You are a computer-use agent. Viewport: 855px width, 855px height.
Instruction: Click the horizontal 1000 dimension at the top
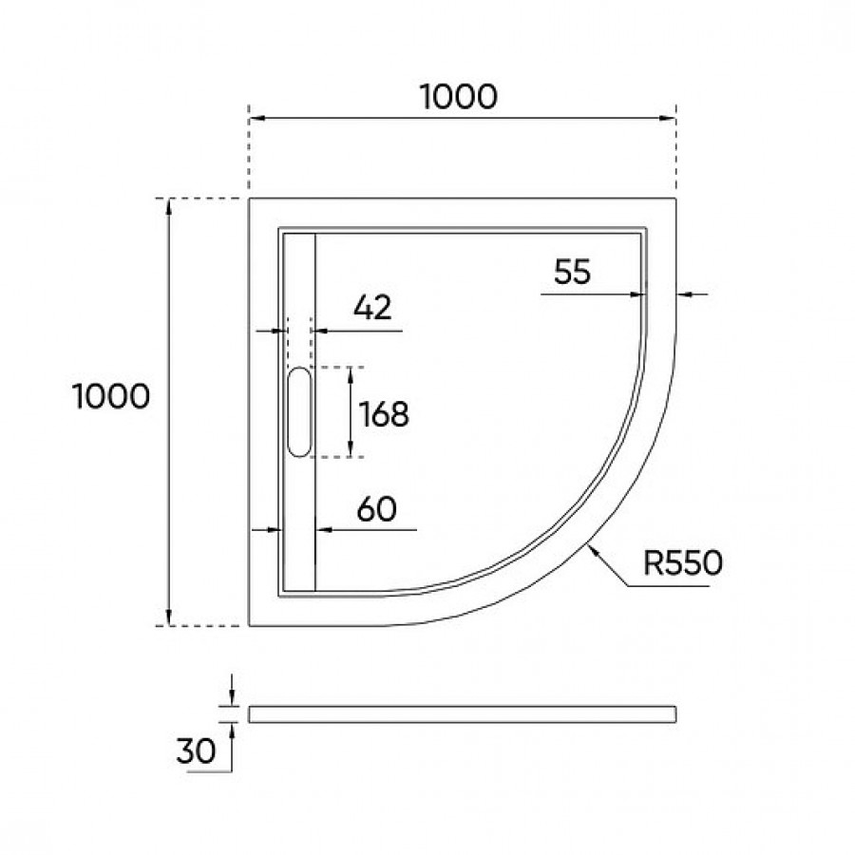click(x=459, y=97)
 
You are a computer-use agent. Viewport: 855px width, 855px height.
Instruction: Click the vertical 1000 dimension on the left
click(x=111, y=396)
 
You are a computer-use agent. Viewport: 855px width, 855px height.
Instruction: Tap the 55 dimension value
click(x=572, y=272)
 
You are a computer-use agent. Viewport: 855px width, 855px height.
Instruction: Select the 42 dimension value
click(x=372, y=308)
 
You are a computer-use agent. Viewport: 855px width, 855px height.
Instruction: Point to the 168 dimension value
click(x=384, y=414)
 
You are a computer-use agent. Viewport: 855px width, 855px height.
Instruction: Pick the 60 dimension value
click(x=377, y=509)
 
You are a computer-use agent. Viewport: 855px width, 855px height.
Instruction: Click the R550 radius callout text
click(x=683, y=562)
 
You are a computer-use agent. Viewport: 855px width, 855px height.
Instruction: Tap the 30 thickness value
click(x=197, y=750)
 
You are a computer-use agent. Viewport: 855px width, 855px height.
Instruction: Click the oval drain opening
click(x=299, y=412)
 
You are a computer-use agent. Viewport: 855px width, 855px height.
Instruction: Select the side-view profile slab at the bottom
click(x=463, y=714)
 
